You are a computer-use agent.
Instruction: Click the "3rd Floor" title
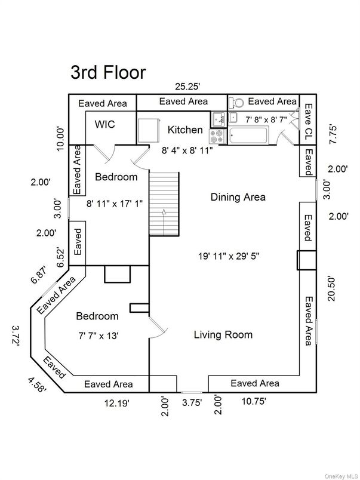pos(108,72)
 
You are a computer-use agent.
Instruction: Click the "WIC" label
pos(105,125)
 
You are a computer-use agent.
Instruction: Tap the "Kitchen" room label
pos(184,130)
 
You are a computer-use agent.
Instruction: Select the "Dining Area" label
pos(238,196)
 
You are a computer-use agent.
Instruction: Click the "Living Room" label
pos(223,334)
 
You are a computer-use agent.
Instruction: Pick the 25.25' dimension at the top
pos(186,87)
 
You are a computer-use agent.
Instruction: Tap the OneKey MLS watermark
pos(340,475)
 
